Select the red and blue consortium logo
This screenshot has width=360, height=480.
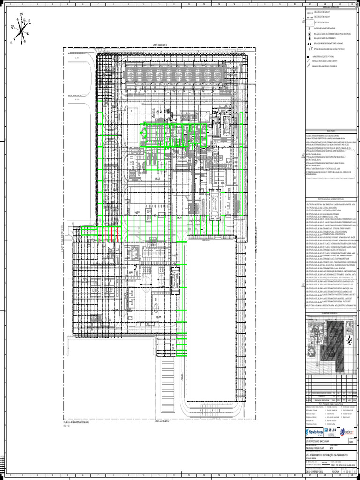point(347,432)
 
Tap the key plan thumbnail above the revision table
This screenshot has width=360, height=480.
point(328,347)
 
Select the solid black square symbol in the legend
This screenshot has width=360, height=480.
point(308,56)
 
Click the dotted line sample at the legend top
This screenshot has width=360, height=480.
point(310,12)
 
